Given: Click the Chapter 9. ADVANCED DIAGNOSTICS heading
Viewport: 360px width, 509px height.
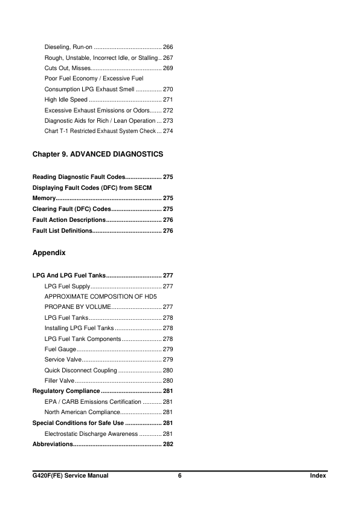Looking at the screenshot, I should point(98,155).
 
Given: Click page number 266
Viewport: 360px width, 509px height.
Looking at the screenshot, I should point(169,47).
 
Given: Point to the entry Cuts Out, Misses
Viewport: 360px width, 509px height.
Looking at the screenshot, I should point(68,68).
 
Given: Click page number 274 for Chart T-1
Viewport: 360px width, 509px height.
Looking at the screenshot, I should point(169,131).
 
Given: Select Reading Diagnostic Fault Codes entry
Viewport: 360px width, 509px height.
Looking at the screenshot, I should point(79,177).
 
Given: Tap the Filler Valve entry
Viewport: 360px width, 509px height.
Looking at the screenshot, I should point(60,381).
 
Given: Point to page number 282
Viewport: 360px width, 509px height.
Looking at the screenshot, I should point(169,444).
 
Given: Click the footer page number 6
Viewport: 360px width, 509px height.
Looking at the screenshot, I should point(180,476).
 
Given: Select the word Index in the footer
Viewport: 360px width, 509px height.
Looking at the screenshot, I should point(317,476).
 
